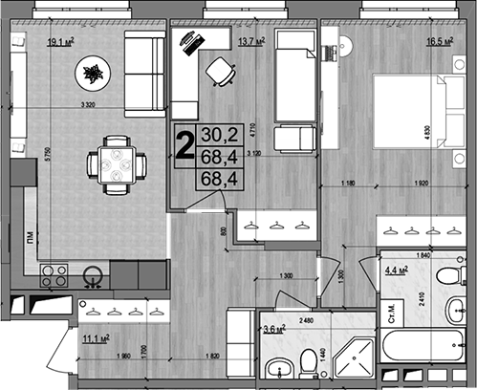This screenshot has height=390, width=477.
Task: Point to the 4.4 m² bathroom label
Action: click(397, 270)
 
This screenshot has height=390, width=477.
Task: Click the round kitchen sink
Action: click(93, 277)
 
